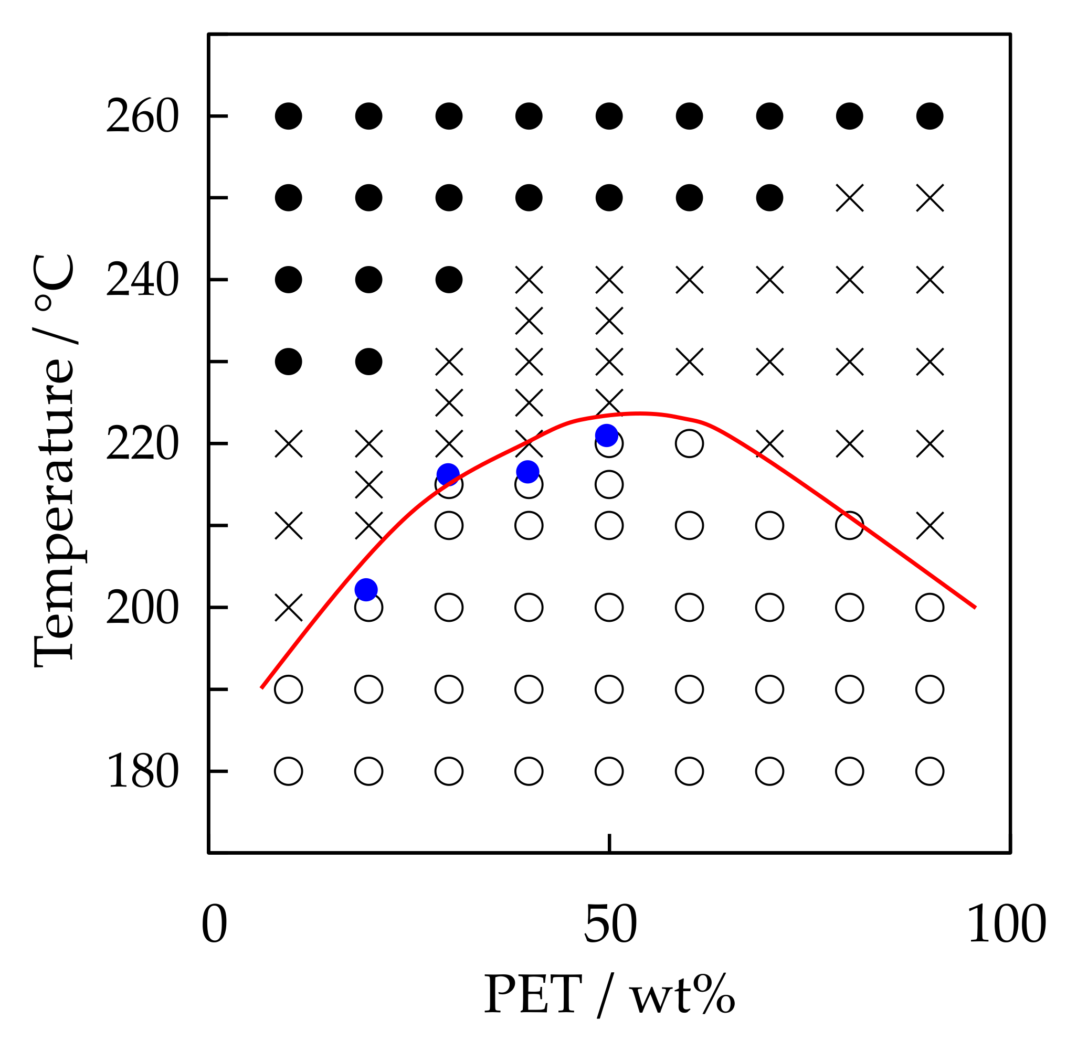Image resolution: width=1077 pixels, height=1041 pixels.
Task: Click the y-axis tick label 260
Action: click(x=142, y=116)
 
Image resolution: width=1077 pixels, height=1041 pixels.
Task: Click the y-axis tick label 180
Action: click(x=142, y=771)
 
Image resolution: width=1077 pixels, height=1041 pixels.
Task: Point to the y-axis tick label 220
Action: click(x=142, y=443)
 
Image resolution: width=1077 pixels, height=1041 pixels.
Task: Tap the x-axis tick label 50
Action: click(x=609, y=925)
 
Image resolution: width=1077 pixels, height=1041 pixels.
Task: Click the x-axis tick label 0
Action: click(x=214, y=925)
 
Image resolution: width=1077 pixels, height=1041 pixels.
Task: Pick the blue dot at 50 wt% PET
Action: click(x=607, y=435)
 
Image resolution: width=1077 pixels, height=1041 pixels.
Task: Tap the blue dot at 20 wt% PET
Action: click(x=366, y=589)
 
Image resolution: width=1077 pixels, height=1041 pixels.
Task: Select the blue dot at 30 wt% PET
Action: click(x=448, y=474)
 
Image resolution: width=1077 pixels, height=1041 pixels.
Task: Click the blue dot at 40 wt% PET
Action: click(x=527, y=471)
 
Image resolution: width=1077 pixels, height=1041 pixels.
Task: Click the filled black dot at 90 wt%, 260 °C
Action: click(x=930, y=116)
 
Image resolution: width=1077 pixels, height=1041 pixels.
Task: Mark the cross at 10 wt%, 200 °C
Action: click(x=289, y=608)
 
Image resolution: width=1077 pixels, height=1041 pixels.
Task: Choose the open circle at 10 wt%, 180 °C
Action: click(x=289, y=771)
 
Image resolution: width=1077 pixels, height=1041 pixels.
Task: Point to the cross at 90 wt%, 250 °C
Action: click(x=930, y=198)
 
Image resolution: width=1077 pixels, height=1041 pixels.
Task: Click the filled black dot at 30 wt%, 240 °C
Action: click(x=449, y=280)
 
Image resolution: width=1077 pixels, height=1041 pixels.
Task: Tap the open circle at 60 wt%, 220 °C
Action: click(x=689, y=443)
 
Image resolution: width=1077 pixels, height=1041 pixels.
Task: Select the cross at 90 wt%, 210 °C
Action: click(x=930, y=526)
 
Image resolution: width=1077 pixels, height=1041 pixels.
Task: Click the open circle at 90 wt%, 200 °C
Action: click(x=930, y=608)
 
